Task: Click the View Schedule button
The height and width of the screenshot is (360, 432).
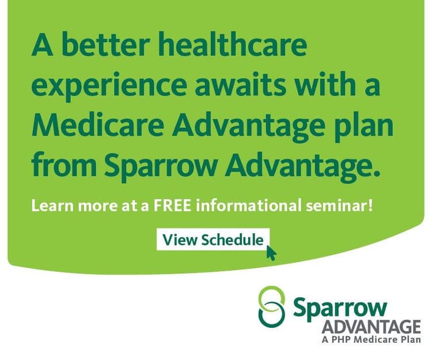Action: [x=213, y=240]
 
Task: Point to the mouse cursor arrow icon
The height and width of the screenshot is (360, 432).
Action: [x=271, y=253]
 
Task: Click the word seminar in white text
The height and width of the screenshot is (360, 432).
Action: [x=336, y=206]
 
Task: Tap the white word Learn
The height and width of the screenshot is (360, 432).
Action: [x=52, y=206]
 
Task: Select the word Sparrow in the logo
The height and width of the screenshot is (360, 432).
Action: [x=340, y=307]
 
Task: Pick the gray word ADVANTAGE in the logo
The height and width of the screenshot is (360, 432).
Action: [x=372, y=327]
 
